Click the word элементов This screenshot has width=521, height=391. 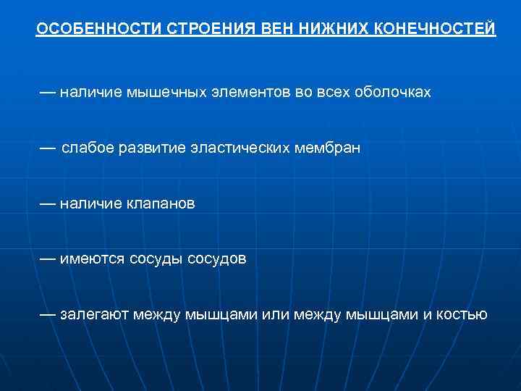pyautogui.click(x=242, y=93)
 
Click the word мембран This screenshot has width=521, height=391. pyautogui.click(x=327, y=148)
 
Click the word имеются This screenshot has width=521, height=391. pyautogui.click(x=93, y=258)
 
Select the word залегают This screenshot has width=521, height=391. pyautogui.click(x=96, y=314)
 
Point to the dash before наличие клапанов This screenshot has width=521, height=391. pyautogui.click(x=47, y=203)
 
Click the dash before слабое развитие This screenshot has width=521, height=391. pyautogui.click(x=47, y=148)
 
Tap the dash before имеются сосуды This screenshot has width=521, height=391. pyautogui.click(x=47, y=258)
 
